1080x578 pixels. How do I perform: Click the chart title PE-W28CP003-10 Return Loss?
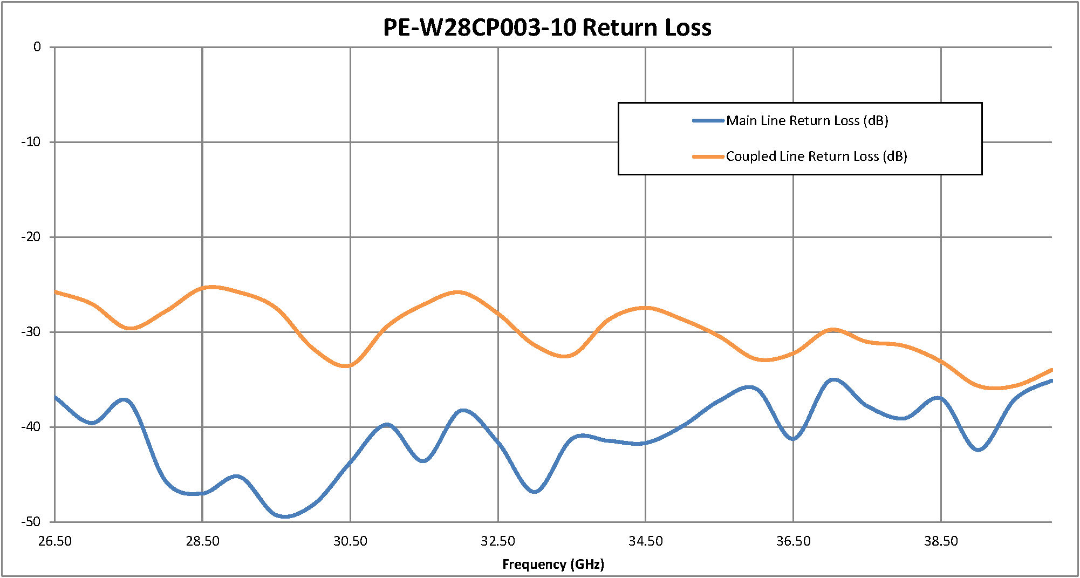coord(547,28)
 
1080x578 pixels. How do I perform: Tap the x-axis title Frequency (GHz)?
coord(553,564)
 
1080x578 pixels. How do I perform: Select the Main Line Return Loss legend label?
coord(807,120)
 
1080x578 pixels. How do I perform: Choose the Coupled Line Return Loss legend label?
coord(816,156)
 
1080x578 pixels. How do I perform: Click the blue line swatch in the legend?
coord(708,120)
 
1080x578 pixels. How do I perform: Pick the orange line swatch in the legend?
coord(708,157)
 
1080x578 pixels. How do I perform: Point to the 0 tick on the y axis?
coord(37,47)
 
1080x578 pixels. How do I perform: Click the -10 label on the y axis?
coord(31,142)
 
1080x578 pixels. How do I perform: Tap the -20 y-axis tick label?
coord(31,237)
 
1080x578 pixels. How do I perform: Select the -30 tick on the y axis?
coord(31,332)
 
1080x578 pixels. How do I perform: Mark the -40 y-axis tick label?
coord(31,427)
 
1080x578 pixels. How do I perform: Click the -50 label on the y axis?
coord(31,522)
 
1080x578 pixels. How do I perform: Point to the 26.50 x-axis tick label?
coord(55,541)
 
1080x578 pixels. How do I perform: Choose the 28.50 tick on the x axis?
coord(202,541)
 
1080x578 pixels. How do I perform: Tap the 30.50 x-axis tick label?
coord(350,541)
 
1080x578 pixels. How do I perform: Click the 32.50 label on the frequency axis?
coord(498,541)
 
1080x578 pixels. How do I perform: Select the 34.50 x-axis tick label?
coord(645,541)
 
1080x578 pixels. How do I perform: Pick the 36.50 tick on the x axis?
coord(793,541)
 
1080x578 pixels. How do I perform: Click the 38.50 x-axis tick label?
coord(941,541)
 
